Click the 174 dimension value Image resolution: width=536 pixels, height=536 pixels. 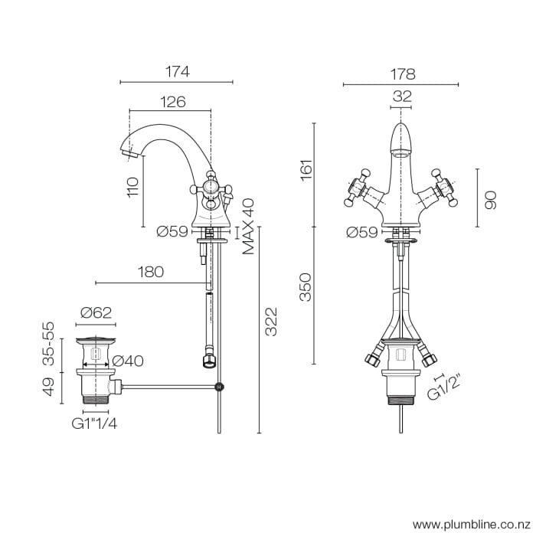[178, 72]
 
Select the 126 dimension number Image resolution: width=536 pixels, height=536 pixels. [173, 102]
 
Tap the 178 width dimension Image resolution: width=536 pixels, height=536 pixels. [401, 74]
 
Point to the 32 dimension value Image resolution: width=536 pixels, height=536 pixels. [402, 96]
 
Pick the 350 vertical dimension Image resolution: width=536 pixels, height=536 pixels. [306, 286]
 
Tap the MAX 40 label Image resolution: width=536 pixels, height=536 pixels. [248, 226]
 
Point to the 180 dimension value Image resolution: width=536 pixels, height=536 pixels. [152, 272]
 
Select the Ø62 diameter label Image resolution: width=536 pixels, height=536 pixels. [96, 312]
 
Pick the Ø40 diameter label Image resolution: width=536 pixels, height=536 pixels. [128, 361]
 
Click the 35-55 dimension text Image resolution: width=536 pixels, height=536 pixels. [48, 343]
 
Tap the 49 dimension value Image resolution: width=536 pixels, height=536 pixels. [48, 387]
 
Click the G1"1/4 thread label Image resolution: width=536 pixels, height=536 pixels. [96, 422]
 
